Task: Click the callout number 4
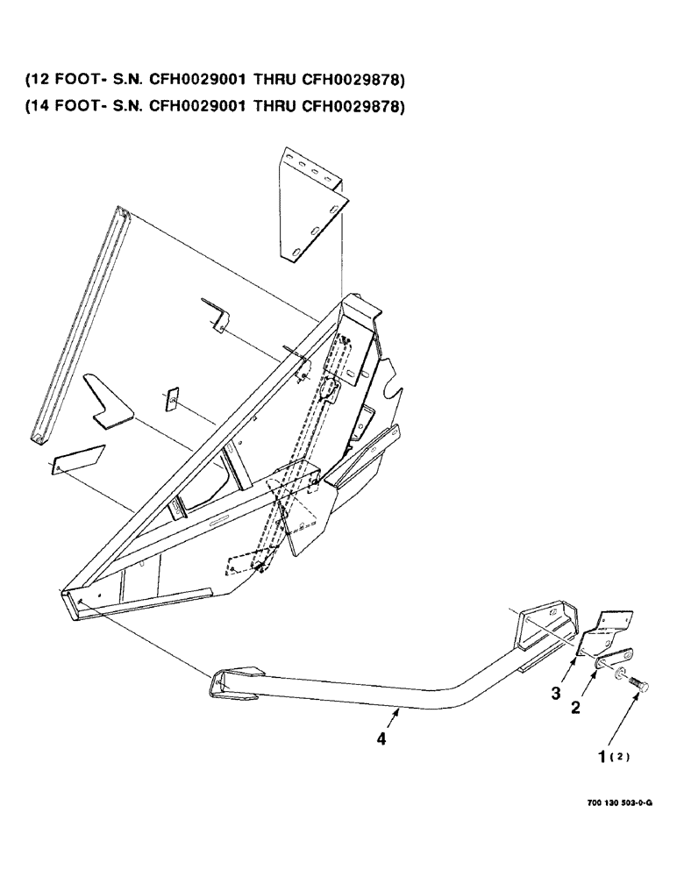380,740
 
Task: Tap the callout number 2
576,708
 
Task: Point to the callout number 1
603,754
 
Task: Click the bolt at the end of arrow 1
638,681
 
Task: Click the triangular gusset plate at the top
311,202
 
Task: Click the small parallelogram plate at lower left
77,460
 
